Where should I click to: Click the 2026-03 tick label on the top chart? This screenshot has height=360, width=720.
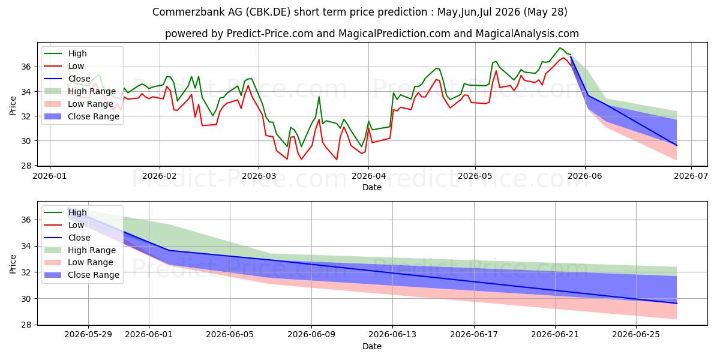click(259, 176)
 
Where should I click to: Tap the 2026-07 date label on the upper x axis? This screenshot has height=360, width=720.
click(691, 176)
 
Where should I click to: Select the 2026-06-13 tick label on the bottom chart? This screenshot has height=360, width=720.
click(392, 335)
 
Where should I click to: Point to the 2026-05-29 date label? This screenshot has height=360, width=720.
click(88, 335)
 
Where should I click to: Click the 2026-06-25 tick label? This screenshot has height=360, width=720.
click(636, 335)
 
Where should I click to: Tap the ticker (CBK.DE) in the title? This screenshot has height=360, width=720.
click(268, 12)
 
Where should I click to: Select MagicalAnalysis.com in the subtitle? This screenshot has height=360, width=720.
click(527, 34)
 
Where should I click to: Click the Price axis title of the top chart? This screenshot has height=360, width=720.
click(13, 106)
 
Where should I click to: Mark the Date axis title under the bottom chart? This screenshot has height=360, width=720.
click(372, 347)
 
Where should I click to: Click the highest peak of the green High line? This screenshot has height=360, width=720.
click(560, 48)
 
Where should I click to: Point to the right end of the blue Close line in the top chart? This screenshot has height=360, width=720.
click(677, 146)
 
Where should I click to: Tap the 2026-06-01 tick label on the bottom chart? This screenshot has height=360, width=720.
click(149, 335)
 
